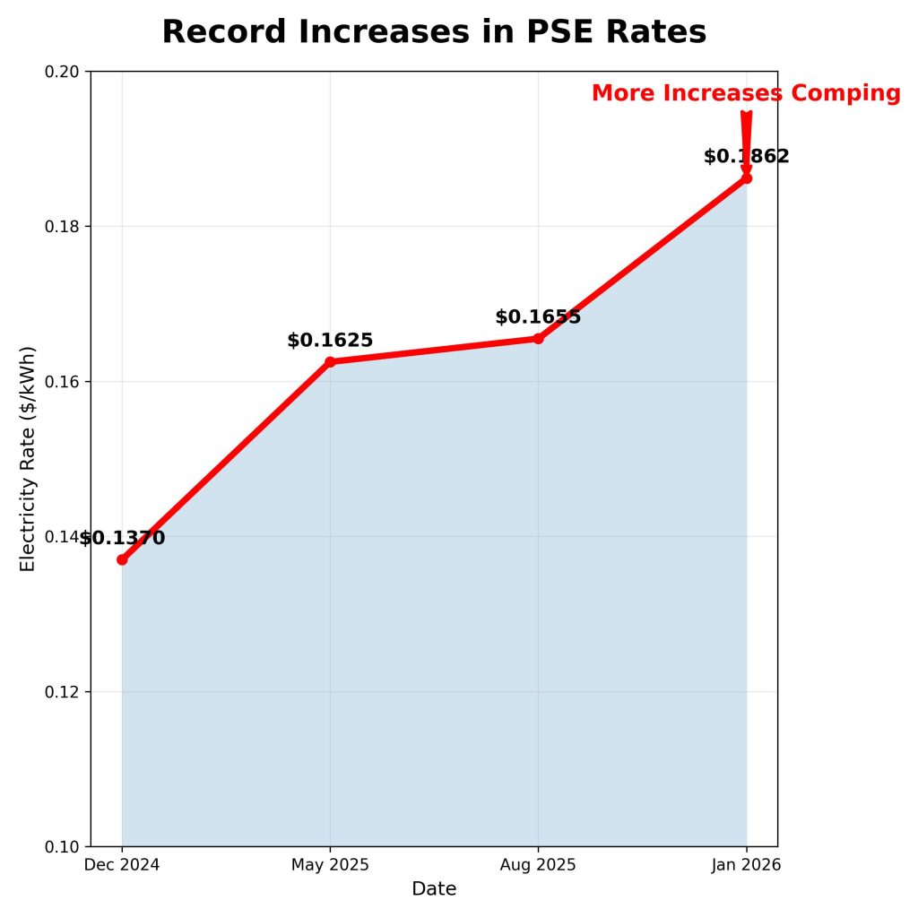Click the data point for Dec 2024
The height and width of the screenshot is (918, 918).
point(122,559)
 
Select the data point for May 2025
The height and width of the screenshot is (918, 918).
point(330,361)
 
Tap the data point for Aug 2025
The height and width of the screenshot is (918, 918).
point(538,338)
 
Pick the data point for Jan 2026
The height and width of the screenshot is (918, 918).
point(746,178)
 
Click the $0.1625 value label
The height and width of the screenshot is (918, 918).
point(330,341)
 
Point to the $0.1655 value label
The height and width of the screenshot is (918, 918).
point(538,317)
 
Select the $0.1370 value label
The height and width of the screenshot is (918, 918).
point(123,539)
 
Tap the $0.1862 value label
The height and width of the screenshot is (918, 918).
point(746,157)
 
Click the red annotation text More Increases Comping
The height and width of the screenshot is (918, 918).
point(746,93)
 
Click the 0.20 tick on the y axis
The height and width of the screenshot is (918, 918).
point(63,72)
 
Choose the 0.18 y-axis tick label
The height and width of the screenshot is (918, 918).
point(63,227)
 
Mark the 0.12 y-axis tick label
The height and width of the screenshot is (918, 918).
point(63,692)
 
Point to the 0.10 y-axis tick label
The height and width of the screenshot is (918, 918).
point(63,846)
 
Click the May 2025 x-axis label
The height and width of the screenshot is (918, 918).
point(330,865)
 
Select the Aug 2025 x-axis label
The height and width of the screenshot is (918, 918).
point(538,865)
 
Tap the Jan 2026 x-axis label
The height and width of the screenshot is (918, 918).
point(746,865)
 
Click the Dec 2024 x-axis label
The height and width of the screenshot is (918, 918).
point(122,865)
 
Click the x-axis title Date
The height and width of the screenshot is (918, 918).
point(434,889)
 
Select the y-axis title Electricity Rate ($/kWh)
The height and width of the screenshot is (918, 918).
point(28,458)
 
